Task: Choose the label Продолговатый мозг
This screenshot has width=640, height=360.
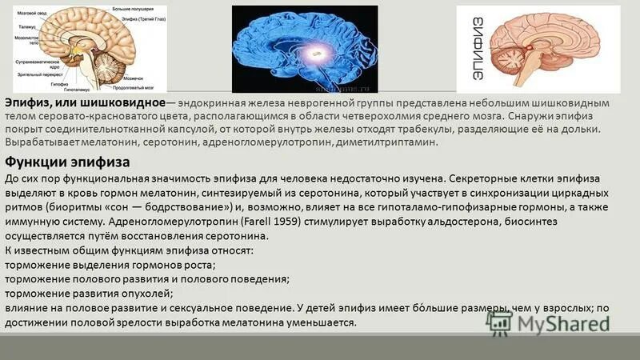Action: tap(133, 88)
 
